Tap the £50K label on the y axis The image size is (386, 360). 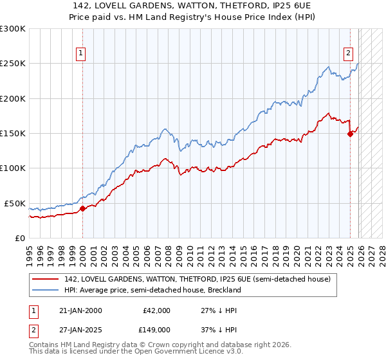[x=15, y=203]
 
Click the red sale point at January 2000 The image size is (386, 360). [x=82, y=208]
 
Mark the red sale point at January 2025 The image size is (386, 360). [x=350, y=134]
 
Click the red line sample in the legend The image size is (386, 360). [x=45, y=279]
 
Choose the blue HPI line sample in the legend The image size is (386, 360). [x=45, y=290]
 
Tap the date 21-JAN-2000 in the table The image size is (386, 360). [x=80, y=310]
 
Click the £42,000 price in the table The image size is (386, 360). [x=156, y=310]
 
